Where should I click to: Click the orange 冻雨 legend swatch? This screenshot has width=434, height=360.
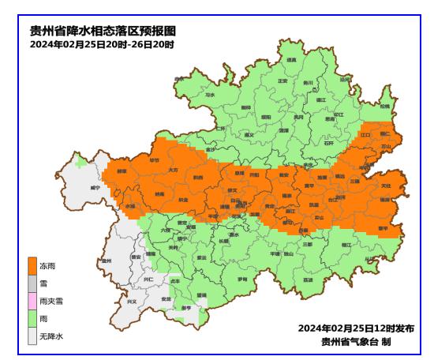click(32, 266)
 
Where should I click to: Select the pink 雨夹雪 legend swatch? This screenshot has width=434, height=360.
click(32, 301)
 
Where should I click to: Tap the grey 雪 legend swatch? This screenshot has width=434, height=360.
click(32, 283)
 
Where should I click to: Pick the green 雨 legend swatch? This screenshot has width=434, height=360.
click(32, 318)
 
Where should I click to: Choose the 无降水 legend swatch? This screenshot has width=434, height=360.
click(32, 336)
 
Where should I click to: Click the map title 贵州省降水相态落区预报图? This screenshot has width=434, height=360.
click(103, 32)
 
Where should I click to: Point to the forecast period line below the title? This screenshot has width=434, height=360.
click(102, 44)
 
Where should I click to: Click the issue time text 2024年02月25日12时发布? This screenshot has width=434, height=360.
click(356, 327)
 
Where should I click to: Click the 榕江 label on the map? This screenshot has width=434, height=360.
click(346, 246)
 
